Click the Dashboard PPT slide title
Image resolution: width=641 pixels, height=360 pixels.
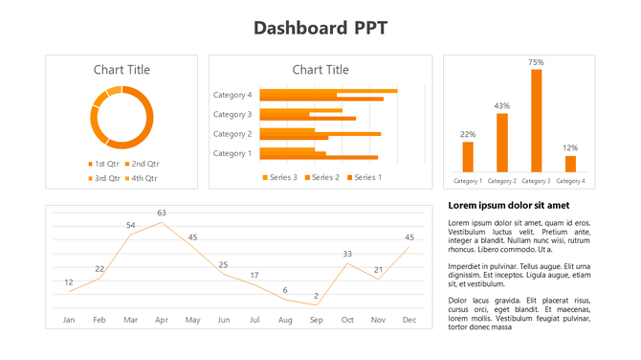tap(320, 28)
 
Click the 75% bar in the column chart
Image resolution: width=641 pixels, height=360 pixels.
tap(537, 120)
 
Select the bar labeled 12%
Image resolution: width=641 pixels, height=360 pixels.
tap(570, 163)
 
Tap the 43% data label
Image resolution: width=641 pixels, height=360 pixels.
tap(502, 105)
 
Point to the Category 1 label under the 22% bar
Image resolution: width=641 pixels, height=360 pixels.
tap(468, 180)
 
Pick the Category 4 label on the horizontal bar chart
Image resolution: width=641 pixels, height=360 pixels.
tap(232, 95)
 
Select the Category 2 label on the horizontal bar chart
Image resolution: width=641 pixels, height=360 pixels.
tap(232, 134)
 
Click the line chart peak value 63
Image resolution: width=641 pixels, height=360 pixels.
tap(162, 213)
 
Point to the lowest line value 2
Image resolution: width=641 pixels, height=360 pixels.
tap(316, 296)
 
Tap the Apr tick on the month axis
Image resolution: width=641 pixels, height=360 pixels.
tap(162, 319)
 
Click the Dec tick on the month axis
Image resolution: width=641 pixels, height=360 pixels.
tap(409, 319)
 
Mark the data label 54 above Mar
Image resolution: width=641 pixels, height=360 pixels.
tap(131, 225)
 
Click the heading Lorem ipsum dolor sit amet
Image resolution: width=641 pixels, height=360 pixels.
tap(508, 206)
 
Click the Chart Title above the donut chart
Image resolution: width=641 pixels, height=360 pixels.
tap(122, 70)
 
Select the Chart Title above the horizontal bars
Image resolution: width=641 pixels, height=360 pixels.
tap(320, 70)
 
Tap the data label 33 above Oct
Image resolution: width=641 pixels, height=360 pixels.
tap(347, 254)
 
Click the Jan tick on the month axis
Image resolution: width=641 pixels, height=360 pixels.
tap(69, 319)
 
